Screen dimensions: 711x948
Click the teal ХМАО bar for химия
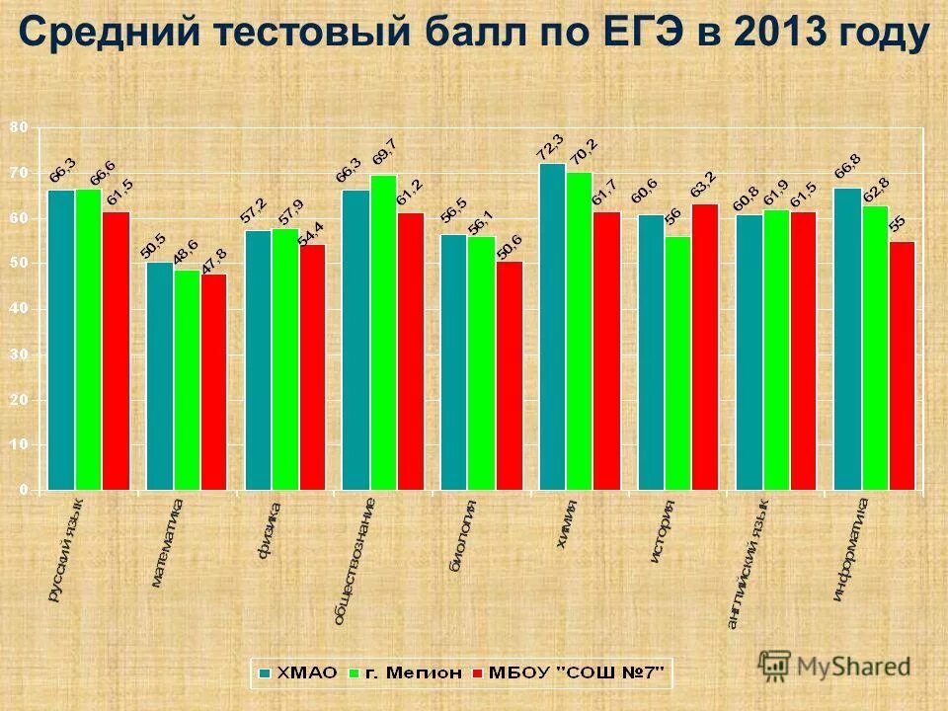(x=552, y=326)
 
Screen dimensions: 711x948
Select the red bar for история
(x=705, y=346)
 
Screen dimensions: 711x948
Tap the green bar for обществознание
(x=383, y=332)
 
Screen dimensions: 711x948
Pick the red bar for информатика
(x=902, y=365)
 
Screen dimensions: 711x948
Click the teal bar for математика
(x=160, y=375)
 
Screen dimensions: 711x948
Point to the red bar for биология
(x=510, y=375)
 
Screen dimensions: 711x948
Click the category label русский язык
(x=66, y=549)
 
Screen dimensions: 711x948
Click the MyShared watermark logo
(x=834, y=665)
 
